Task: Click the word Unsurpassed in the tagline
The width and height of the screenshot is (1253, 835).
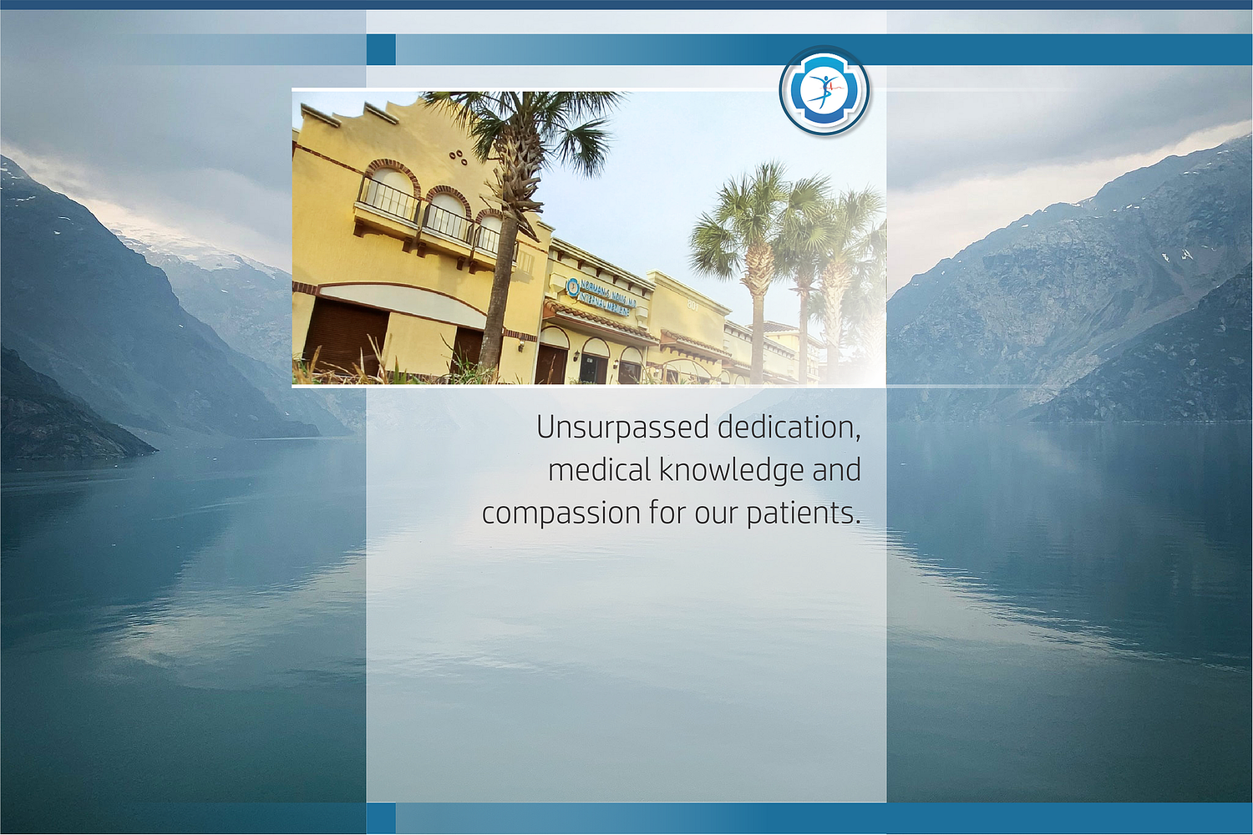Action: coord(622,428)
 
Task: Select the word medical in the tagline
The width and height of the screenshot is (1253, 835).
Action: coord(599,470)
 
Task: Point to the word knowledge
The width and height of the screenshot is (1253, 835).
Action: coord(731,471)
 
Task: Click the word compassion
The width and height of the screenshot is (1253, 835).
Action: coord(561,513)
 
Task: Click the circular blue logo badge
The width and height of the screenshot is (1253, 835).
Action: coord(824,90)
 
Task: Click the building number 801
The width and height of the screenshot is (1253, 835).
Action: coord(692,306)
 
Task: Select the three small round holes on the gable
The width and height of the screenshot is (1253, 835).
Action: coord(458,156)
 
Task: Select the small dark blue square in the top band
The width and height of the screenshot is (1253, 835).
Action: coord(381,49)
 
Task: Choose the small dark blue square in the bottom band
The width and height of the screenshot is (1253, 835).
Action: coord(381,817)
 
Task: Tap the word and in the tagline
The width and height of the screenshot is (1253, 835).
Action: coord(836,470)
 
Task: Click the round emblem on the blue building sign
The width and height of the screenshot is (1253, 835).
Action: coord(573,287)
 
